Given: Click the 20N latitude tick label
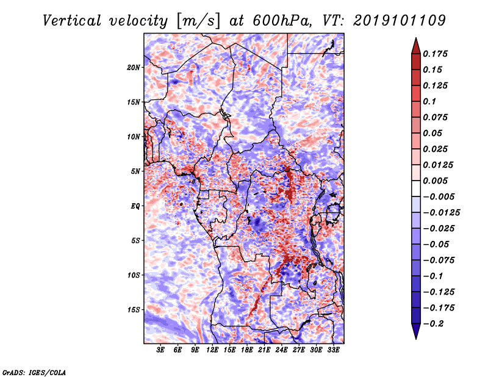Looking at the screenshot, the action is [134, 68].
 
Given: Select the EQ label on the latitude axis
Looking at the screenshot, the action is [135, 206].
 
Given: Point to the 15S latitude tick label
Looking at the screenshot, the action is [134, 310].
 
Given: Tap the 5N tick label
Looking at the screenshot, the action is [135, 171].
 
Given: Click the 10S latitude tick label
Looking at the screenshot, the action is [134, 275].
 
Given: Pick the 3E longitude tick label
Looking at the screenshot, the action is [160, 350].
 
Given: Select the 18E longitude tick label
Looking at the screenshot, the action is [247, 350].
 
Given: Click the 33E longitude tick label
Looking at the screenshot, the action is [333, 350].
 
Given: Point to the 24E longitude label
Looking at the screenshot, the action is [281, 350].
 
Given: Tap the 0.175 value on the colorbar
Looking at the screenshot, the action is [435, 54].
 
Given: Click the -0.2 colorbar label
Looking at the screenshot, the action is [433, 324].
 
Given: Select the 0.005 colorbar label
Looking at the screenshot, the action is [435, 181].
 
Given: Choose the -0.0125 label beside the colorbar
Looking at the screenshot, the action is [441, 213].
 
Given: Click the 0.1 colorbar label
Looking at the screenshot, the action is [429, 101].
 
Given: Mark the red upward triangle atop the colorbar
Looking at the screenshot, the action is [416, 46].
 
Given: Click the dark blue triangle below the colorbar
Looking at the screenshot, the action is [416, 331].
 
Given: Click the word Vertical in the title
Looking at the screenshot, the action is [72, 21].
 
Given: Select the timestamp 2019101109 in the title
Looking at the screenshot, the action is [400, 21].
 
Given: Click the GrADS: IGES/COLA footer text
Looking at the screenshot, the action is [34, 373].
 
